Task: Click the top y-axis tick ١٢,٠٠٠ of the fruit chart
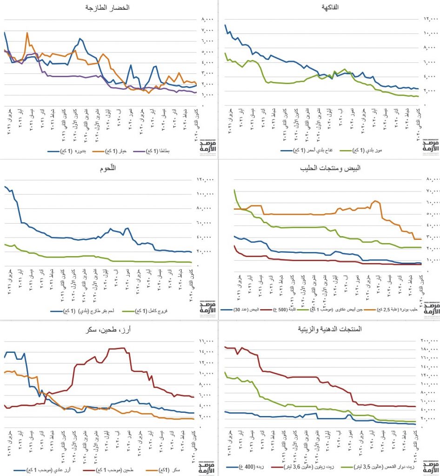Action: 431,19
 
